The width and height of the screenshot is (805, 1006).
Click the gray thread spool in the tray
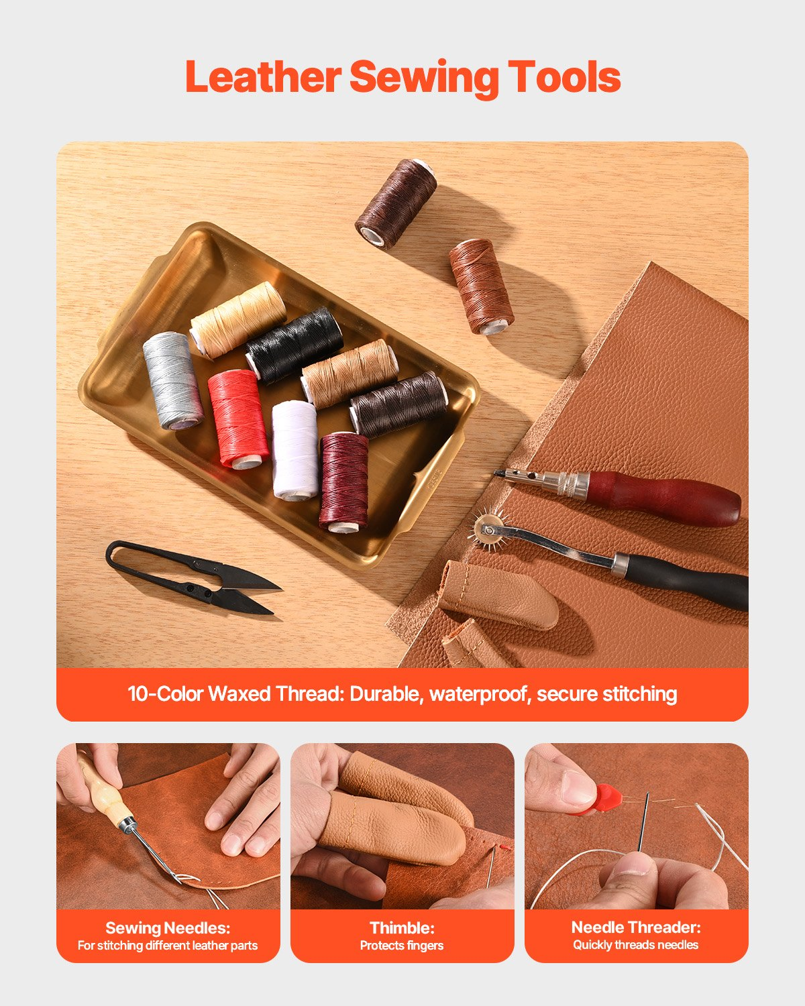pyautogui.click(x=172, y=380)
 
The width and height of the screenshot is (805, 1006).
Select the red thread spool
pyautogui.click(x=238, y=418)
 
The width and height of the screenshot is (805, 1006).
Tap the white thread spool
pyautogui.click(x=295, y=449)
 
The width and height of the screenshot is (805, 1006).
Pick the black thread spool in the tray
pyautogui.click(x=294, y=345)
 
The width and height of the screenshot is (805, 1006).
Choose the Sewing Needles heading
pyautogui.click(x=168, y=928)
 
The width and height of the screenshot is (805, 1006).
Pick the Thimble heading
pyautogui.click(x=402, y=928)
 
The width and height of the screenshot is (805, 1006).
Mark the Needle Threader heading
pyautogui.click(x=636, y=928)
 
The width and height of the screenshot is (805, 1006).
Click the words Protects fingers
pyautogui.click(x=402, y=946)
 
